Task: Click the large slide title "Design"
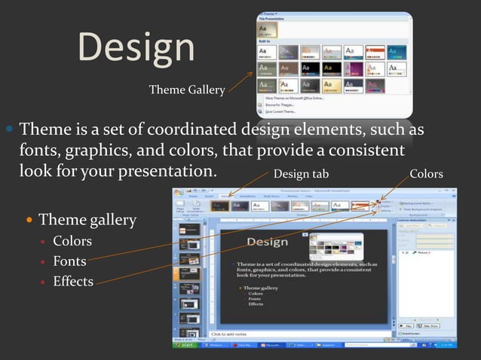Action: pos(136,47)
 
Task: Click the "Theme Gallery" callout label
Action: pos(186,90)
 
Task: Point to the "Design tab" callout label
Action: pos(301,174)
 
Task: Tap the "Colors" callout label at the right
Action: pos(426,174)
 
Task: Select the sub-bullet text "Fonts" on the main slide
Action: pos(69,261)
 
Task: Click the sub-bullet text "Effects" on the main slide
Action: pos(73,282)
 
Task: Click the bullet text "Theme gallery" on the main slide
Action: pos(87,221)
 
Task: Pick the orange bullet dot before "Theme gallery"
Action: pos(30,221)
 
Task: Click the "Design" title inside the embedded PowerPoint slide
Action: pos(266,242)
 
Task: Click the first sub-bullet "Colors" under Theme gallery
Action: pos(72,241)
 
